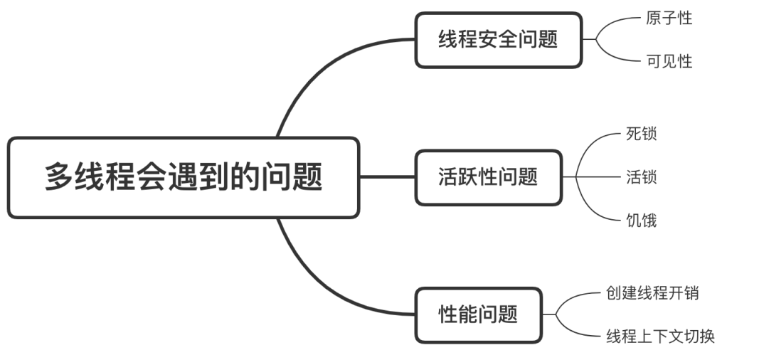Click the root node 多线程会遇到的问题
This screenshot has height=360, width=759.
click(x=183, y=177)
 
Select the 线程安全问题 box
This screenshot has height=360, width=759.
click(x=498, y=40)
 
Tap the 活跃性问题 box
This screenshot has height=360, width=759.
click(x=488, y=177)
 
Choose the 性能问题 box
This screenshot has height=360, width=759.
click(x=478, y=314)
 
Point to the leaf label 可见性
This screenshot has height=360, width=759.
click(x=669, y=61)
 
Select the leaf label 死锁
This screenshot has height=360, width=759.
click(x=641, y=134)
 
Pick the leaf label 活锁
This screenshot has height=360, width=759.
click(x=641, y=177)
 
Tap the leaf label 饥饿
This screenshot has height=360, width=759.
click(x=641, y=221)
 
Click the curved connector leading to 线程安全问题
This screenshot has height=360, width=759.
click(x=313, y=71)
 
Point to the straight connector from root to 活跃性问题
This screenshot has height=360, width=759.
click(x=387, y=177)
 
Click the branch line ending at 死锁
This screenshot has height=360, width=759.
click(x=594, y=142)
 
